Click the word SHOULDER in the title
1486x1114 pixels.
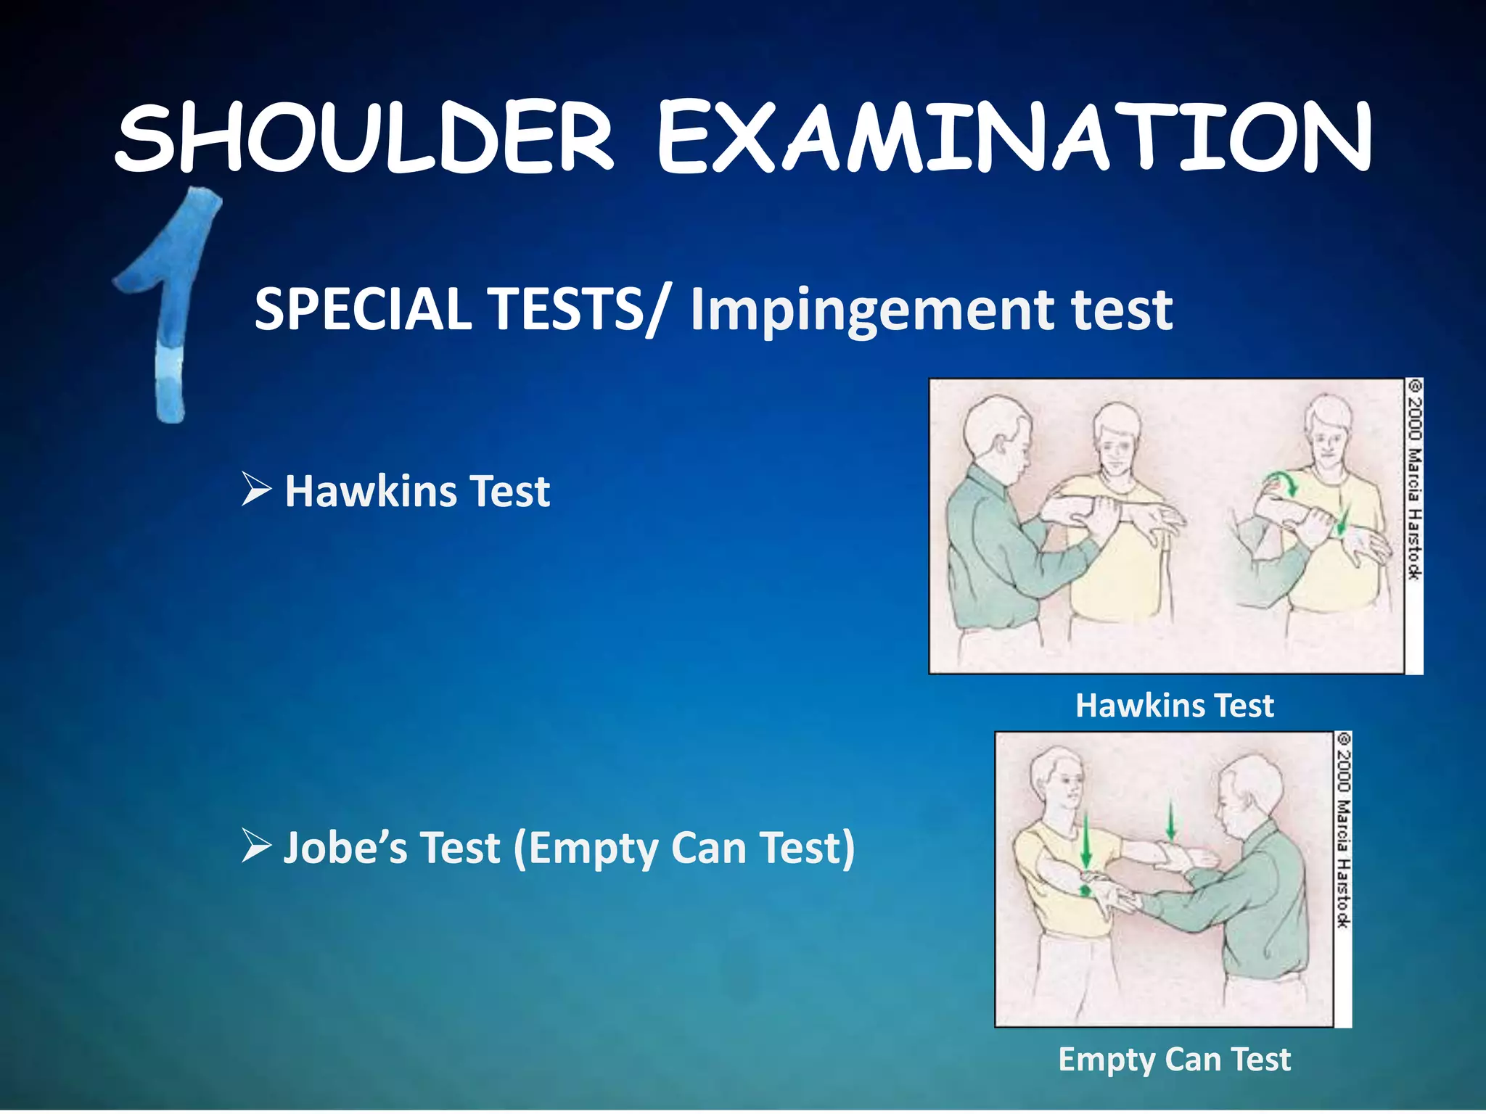(364, 138)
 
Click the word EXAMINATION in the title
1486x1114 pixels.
(1014, 138)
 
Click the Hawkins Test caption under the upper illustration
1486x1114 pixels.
(1175, 705)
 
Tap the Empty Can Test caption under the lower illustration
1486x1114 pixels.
(1175, 1060)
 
